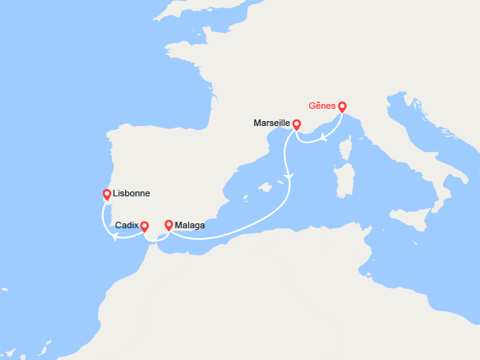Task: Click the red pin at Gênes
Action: [342, 106]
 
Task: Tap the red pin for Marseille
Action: [297, 124]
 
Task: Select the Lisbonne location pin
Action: [106, 195]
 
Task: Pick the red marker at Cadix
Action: [144, 227]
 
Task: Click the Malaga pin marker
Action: [168, 225]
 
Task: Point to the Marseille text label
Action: [271, 123]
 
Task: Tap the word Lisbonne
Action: [133, 194]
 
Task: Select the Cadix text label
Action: [127, 226]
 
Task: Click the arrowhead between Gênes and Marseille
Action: [323, 137]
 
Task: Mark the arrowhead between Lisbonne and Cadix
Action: [116, 237]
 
